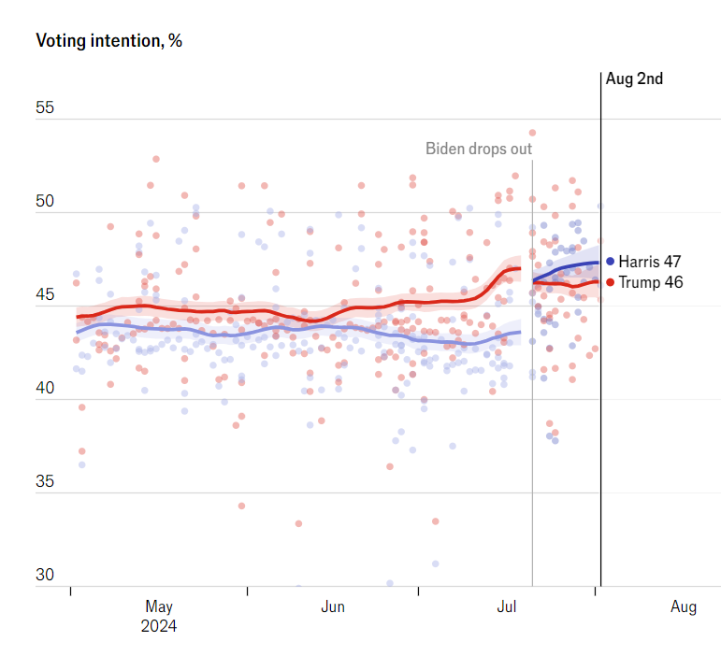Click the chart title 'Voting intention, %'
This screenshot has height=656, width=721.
pyautogui.click(x=108, y=41)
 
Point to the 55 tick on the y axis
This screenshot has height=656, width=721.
pyautogui.click(x=45, y=107)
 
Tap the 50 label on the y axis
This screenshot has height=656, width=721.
pyautogui.click(x=45, y=202)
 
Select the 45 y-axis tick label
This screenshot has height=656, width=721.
pyautogui.click(x=45, y=295)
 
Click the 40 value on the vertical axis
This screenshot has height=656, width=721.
pyautogui.click(x=45, y=389)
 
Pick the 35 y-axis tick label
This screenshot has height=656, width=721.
pyautogui.click(x=45, y=482)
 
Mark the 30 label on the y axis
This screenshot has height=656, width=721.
pyautogui.click(x=45, y=576)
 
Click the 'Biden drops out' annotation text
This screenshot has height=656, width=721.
pyautogui.click(x=479, y=149)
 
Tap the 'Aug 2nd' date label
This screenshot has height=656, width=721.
pyautogui.click(x=634, y=78)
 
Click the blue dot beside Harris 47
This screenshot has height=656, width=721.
pyautogui.click(x=611, y=262)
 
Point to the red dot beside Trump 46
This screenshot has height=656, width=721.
pyautogui.click(x=611, y=281)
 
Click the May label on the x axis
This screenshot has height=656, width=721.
pyautogui.click(x=159, y=606)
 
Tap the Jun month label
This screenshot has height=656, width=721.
pyautogui.click(x=333, y=606)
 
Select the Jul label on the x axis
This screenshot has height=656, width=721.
pyautogui.click(x=507, y=606)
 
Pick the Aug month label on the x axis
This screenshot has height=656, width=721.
pyautogui.click(x=684, y=606)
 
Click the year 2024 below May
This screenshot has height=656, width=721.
pyautogui.click(x=159, y=625)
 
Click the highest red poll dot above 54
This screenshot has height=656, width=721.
pyautogui.click(x=532, y=133)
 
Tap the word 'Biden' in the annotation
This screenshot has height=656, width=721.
pyautogui.click(x=446, y=149)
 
